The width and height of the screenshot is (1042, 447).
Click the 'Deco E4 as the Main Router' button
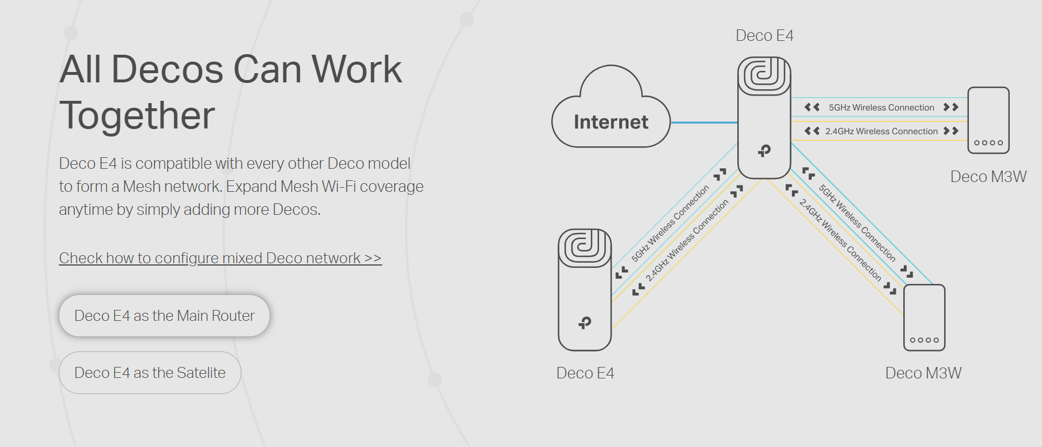pyautogui.click(x=164, y=316)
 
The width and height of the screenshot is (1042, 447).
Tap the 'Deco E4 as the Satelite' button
pyautogui.click(x=150, y=373)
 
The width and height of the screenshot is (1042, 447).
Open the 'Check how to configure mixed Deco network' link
pyautogui.click(x=220, y=258)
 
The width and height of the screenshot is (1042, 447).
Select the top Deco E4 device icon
pyautogui.click(x=764, y=118)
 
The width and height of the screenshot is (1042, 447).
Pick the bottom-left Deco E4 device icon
pyautogui.click(x=585, y=290)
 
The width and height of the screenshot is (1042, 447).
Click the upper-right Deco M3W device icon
pyautogui.click(x=988, y=120)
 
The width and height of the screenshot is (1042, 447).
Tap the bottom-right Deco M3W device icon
pyautogui.click(x=924, y=317)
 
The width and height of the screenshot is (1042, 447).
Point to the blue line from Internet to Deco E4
pyautogui.click(x=704, y=123)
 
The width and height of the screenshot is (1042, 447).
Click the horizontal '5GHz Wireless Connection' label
pyautogui.click(x=881, y=108)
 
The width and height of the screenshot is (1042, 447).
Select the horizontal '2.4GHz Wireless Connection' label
pyautogui.click(x=881, y=131)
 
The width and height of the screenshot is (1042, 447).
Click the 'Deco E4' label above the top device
pyautogui.click(x=764, y=36)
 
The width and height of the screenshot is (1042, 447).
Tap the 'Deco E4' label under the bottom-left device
pyautogui.click(x=585, y=373)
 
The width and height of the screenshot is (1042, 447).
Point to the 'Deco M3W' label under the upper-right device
pyautogui.click(x=988, y=177)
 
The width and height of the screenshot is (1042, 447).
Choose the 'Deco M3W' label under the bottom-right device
pyautogui.click(x=923, y=373)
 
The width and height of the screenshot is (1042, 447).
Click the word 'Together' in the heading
pyautogui.click(x=137, y=115)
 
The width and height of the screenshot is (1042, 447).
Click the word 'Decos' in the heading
pyautogui.click(x=167, y=70)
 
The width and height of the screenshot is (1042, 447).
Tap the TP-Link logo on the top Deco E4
pyautogui.click(x=764, y=151)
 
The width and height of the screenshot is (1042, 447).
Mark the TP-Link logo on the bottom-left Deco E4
pyautogui.click(x=585, y=323)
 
